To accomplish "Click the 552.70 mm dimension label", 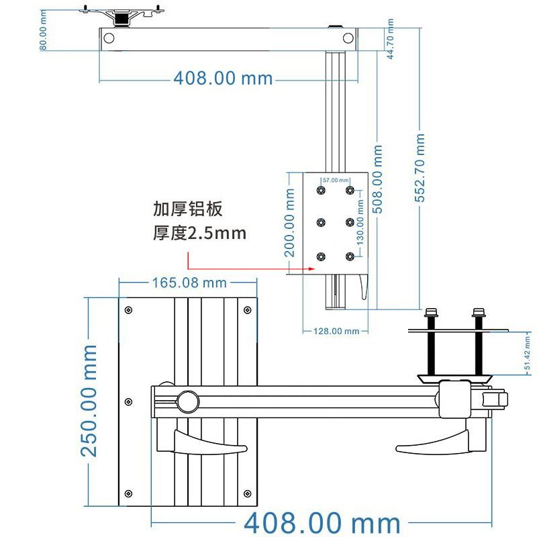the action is coord(420,168).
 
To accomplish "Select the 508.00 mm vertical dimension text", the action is coord(377,179).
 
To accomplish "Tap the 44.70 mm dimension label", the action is coord(390,39).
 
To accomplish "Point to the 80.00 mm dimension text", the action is coord(43,30).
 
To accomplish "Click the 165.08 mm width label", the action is coord(189,283).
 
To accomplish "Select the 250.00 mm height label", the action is coord(89,401).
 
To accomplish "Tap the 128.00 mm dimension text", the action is coord(336,331).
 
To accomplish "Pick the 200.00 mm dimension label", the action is coord(289,223).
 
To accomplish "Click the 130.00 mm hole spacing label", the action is coord(360,223).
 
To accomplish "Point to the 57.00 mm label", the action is coord(336,180).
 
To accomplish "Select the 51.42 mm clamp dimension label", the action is coord(527,353).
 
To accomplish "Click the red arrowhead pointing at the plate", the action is coord(311,269).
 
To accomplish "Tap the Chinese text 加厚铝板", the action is coord(188,209).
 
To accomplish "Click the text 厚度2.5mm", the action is coord(199,233).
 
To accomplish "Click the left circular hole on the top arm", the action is coord(109,38).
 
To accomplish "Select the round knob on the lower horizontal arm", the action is coord(188,401).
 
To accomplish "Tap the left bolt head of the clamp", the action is coord(431,312).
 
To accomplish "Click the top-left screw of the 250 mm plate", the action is coord(128,310).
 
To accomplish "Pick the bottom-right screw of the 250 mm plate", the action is coord(247,493).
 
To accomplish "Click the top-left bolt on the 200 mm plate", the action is coord(321,190).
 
